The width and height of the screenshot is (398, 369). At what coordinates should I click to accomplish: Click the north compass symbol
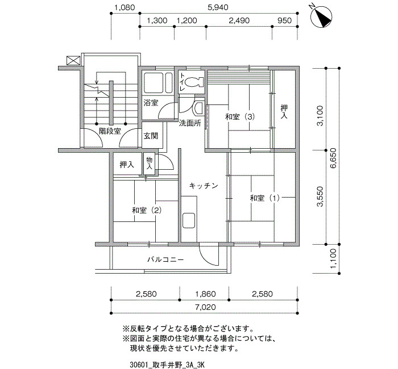click(x=322, y=16)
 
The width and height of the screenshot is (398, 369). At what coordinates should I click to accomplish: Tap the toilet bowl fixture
click(x=194, y=82)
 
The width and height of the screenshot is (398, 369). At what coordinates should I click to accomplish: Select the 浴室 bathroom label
click(x=151, y=103)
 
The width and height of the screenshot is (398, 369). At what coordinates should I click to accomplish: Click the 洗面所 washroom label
click(x=190, y=123)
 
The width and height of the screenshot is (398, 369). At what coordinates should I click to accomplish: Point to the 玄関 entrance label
click(x=151, y=136)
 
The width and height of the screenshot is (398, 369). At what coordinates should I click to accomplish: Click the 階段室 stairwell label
click(x=110, y=131)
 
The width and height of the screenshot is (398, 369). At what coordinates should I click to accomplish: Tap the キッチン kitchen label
click(x=204, y=186)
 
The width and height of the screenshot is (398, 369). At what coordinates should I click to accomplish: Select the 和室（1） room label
click(x=265, y=198)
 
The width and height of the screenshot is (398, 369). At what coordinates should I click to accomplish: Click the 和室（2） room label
click(x=147, y=210)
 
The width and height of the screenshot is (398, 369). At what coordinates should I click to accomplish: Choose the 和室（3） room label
click(x=240, y=117)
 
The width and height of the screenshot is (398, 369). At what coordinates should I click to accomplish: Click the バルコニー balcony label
click(x=165, y=259)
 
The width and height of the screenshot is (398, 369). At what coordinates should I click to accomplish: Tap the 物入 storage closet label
click(x=149, y=163)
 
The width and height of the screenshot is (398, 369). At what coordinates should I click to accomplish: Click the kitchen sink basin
click(x=189, y=220)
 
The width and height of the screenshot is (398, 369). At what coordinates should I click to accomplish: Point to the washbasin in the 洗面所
click(x=198, y=108)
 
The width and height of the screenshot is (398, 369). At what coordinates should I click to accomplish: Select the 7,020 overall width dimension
click(x=206, y=307)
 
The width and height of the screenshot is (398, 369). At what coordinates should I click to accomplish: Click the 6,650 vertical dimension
click(x=333, y=158)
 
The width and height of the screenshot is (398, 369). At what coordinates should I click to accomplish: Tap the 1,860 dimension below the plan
click(x=206, y=294)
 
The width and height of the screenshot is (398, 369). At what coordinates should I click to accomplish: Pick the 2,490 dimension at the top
click(x=239, y=20)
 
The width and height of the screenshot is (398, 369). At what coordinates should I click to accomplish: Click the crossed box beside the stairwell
click(x=73, y=60)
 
